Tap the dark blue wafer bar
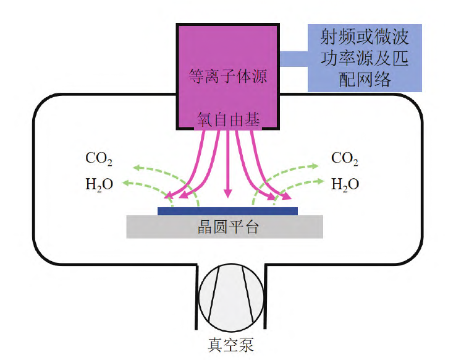(x=227, y=211)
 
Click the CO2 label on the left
(x=99, y=159)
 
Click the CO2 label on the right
(x=345, y=159)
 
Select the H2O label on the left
(x=99, y=184)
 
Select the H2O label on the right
(x=345, y=184)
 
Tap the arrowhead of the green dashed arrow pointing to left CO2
(x=131, y=166)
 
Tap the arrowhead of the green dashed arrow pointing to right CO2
(x=316, y=166)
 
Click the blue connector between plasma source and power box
(x=293, y=59)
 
